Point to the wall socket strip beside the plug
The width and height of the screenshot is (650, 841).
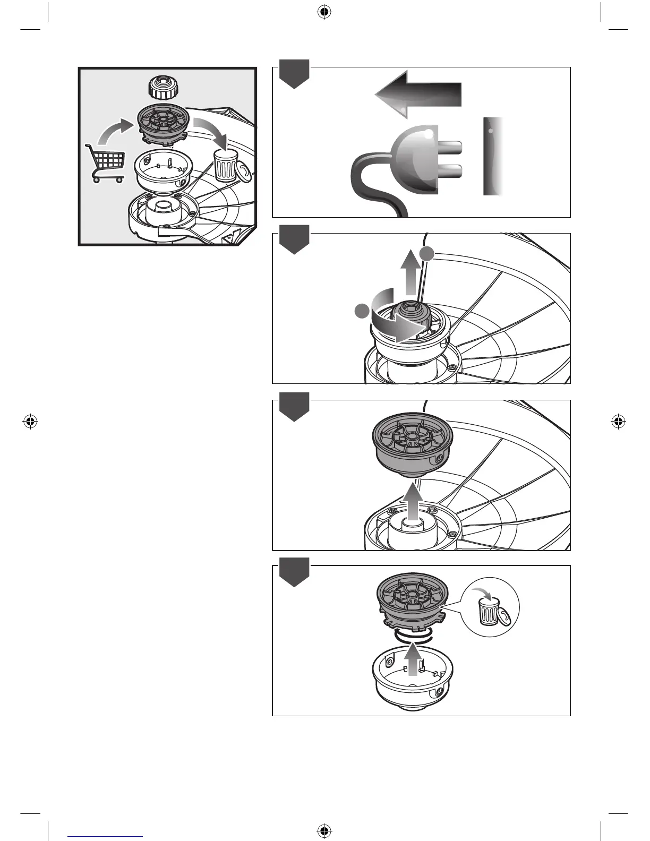coord(493,156)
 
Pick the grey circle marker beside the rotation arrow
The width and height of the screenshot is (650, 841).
coord(361,312)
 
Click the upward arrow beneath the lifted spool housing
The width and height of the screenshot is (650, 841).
coord(412,504)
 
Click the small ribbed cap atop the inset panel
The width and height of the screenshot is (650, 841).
coord(161,88)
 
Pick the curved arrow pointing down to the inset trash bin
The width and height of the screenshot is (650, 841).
coord(210,133)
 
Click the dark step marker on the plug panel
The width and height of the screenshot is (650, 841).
coord(294,74)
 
